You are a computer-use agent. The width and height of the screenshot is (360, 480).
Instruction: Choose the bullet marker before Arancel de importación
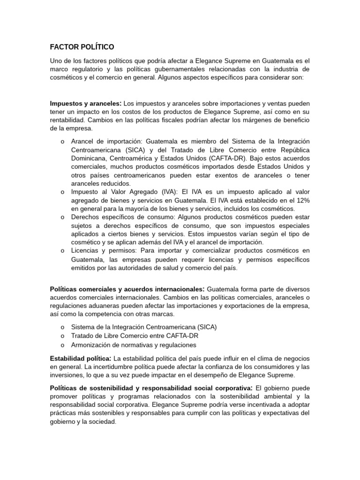(x=62, y=142)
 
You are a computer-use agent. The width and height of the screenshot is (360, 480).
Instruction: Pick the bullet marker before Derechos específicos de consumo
(x=62, y=217)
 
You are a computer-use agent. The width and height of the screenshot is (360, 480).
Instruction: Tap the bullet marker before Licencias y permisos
(x=62, y=251)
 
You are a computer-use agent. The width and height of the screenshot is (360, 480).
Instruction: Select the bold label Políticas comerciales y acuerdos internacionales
(x=127, y=289)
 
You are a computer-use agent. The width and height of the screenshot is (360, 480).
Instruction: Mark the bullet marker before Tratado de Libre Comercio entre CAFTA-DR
(x=62, y=336)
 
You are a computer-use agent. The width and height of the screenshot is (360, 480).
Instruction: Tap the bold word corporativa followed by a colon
(x=229, y=388)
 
